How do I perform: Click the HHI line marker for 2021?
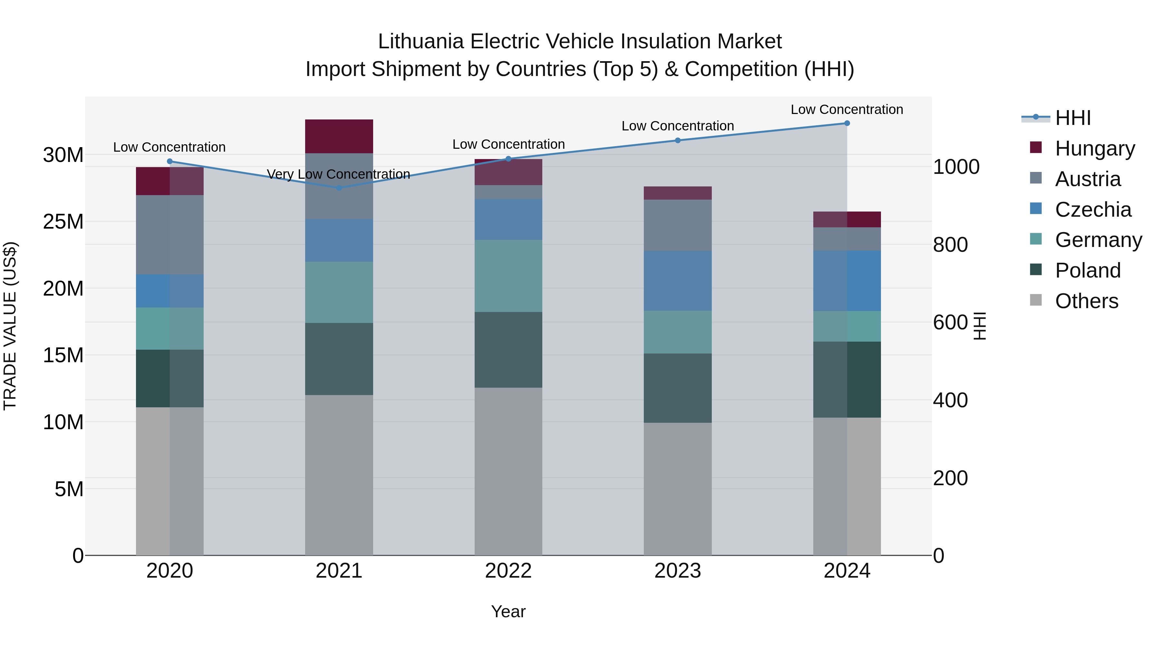point(339,188)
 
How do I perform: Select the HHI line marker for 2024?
point(846,123)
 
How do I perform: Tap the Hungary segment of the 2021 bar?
point(339,136)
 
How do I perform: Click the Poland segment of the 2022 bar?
point(508,350)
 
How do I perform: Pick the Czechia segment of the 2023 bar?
point(677,281)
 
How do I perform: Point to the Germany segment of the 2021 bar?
point(339,292)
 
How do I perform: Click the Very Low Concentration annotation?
point(339,174)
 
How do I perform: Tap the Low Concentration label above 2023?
point(677,126)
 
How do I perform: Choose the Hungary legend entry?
point(1094,148)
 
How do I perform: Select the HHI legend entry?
point(1073,118)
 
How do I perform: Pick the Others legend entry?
point(1086,301)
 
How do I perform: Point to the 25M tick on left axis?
point(63,222)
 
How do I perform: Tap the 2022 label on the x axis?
point(508,571)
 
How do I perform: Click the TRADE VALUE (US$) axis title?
point(10,326)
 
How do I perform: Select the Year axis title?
point(508,611)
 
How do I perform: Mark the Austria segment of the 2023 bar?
point(677,225)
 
